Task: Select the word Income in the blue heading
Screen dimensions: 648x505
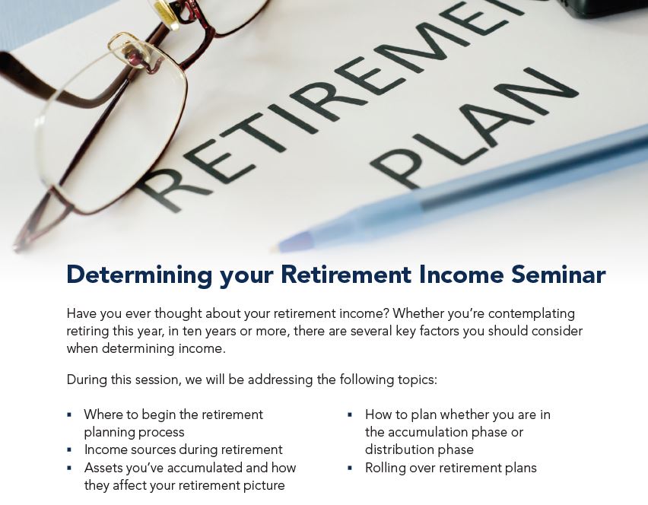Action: (461, 275)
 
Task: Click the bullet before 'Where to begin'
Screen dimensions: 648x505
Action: (69, 414)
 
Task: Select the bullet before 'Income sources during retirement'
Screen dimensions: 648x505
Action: (69, 449)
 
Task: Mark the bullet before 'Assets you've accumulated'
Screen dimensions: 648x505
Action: (69, 468)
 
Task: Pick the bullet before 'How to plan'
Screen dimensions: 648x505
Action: (350, 414)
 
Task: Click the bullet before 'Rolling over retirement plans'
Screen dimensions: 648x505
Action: (350, 468)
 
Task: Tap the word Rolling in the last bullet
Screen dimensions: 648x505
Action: (385, 468)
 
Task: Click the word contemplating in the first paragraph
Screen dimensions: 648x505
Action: (531, 314)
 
